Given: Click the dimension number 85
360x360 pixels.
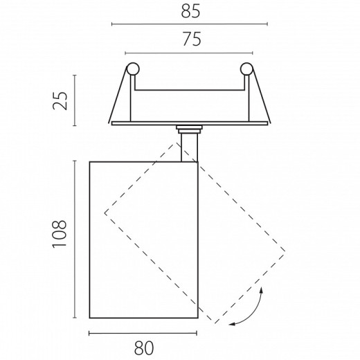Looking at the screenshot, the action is [190, 12].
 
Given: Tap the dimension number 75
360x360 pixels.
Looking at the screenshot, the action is [192, 39].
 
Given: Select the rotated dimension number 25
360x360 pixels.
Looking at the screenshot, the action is [60, 100].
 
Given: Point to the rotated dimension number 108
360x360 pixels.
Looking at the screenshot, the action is [60, 234].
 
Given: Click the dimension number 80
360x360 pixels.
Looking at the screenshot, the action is [144, 348].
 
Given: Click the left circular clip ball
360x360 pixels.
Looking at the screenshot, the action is [133, 69].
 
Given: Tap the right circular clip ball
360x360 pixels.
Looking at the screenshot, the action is [246, 69].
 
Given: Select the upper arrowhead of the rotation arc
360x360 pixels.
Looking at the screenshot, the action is [262, 290].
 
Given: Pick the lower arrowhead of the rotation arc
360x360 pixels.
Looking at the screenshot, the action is [232, 325].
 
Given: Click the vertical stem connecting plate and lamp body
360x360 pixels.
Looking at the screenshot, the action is [189, 147].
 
